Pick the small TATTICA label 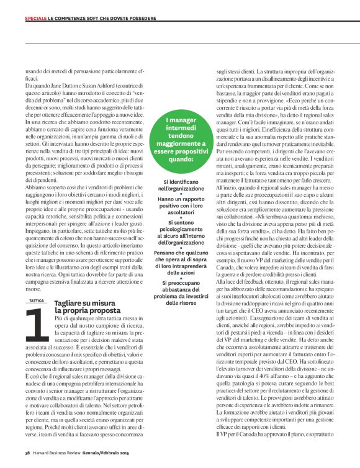coord(36,300)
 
